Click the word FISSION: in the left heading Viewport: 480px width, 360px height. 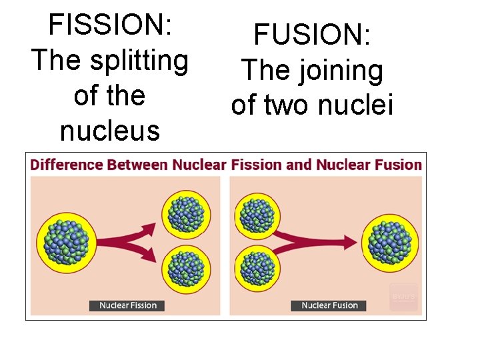click(x=111, y=26)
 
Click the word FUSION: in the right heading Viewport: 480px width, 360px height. click(x=312, y=35)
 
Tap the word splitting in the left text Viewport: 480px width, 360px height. click(x=141, y=61)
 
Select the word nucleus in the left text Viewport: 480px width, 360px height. click(x=110, y=131)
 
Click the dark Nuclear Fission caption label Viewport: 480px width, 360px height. click(x=127, y=305)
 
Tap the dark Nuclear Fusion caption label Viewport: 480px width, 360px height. click(x=329, y=305)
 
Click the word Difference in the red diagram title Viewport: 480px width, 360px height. click(x=66, y=165)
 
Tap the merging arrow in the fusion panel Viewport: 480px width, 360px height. click(x=313, y=241)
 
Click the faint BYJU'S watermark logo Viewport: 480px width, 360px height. click(x=403, y=297)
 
